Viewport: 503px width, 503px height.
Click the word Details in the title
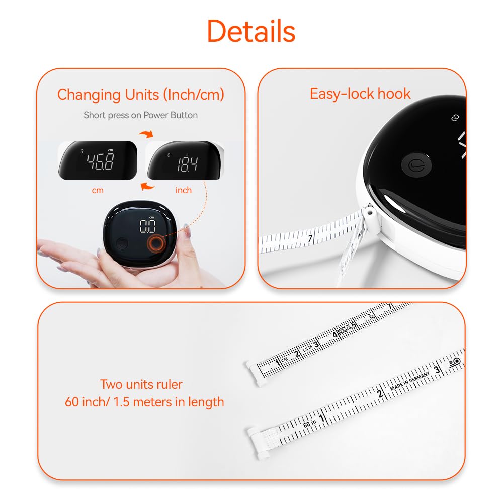coord(251,31)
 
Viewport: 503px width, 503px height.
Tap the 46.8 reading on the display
coord(100,162)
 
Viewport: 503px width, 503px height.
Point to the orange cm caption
coord(98,190)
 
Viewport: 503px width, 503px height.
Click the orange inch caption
coord(183,190)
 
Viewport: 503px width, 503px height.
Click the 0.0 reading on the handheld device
coord(147,226)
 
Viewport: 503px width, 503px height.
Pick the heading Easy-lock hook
coord(360,94)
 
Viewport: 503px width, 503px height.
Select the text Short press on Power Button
coord(140,115)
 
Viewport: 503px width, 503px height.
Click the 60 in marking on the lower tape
coord(309,424)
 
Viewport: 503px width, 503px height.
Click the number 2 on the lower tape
coord(381,394)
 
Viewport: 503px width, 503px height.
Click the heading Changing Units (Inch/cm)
coord(140,94)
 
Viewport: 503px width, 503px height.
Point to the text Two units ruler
coord(141,385)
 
